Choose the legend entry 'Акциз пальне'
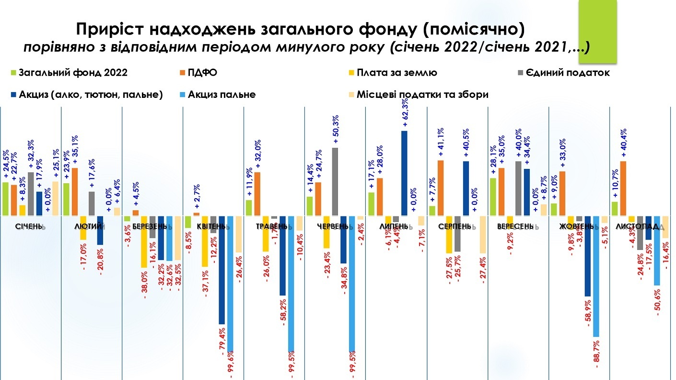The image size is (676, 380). [225, 95]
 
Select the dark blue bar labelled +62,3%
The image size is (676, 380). [404, 173]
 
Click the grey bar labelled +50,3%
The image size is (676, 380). [335, 182]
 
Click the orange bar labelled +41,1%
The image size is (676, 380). [440, 188]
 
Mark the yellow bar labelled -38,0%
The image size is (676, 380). [143, 242]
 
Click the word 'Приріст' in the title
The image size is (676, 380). [109, 30]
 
